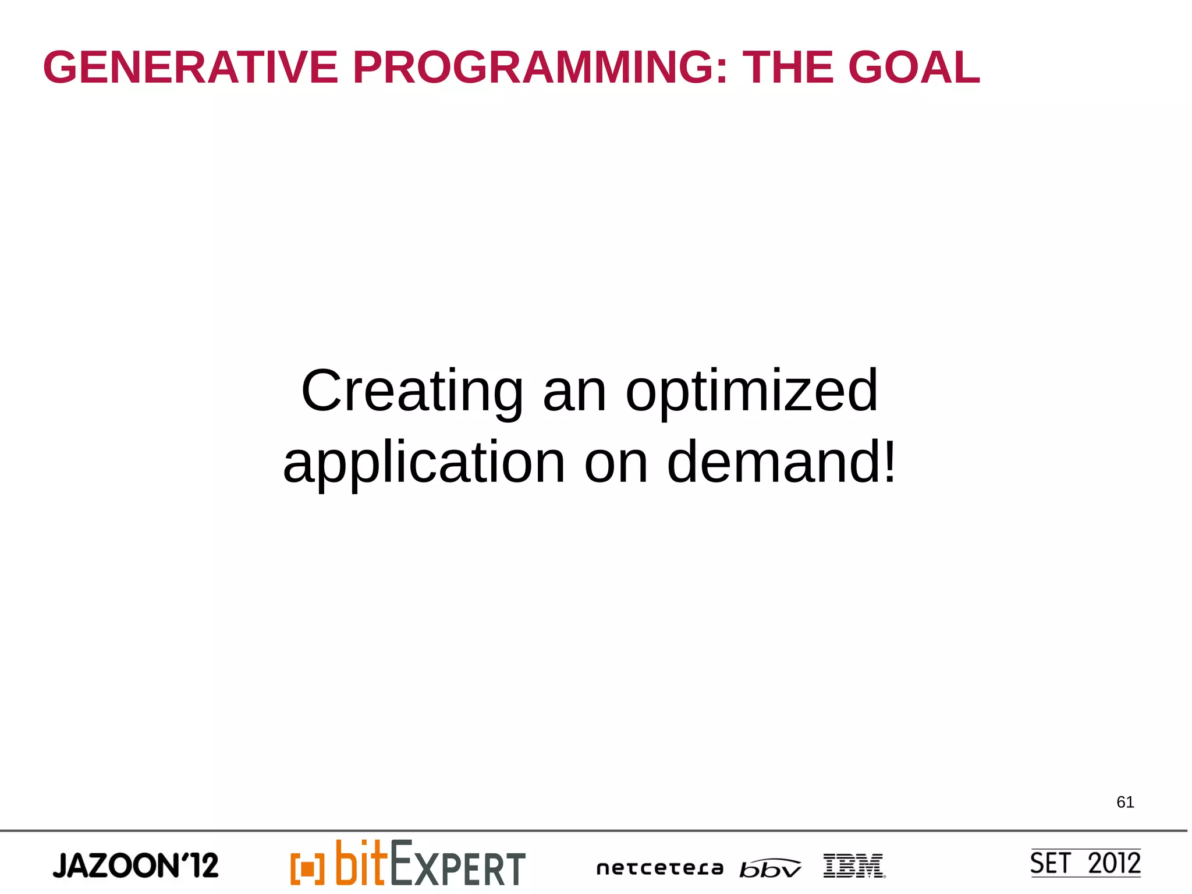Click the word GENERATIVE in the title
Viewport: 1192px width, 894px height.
click(190, 68)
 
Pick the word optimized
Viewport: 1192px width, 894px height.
click(751, 391)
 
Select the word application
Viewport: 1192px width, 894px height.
click(424, 463)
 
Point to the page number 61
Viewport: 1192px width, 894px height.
click(1124, 802)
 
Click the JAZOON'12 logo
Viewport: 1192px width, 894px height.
click(136, 865)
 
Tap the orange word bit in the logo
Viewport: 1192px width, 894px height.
click(361, 863)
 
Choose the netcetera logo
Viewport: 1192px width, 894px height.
click(659, 868)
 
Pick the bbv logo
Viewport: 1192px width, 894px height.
click(770, 868)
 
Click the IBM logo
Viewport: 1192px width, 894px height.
click(854, 865)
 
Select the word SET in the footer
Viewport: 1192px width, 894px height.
click(1051, 863)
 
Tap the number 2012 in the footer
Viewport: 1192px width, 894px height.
click(1114, 863)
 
